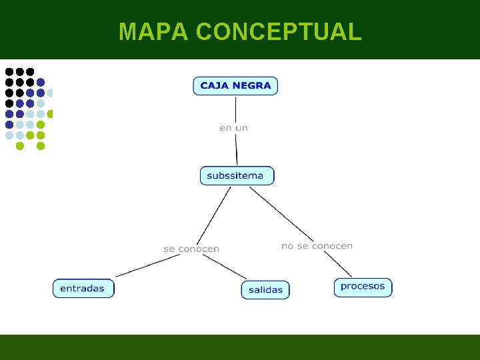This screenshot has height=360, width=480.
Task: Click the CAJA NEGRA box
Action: pyautogui.click(x=235, y=86)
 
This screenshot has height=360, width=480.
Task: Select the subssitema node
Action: pyautogui.click(x=237, y=176)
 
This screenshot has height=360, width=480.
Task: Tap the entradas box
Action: pyautogui.click(x=83, y=289)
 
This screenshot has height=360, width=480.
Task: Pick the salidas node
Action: pyautogui.click(x=265, y=290)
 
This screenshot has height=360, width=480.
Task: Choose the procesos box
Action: pyautogui.click(x=363, y=287)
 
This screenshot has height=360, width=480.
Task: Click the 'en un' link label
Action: pyautogui.click(x=233, y=128)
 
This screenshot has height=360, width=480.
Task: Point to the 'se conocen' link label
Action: pyautogui.click(x=191, y=249)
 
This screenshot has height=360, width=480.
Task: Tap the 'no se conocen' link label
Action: pyautogui.click(x=317, y=246)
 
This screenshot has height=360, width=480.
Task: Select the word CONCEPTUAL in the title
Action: pyautogui.click(x=279, y=31)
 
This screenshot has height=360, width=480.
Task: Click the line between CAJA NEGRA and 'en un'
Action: pyautogui.click(x=235, y=108)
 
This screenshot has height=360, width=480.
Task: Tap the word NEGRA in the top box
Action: pyautogui.click(x=252, y=86)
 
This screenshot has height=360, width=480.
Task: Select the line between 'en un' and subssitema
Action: pyautogui.click(x=235, y=150)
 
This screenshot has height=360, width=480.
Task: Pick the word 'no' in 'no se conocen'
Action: pyautogui.click(x=287, y=246)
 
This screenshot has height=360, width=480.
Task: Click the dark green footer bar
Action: pyautogui.click(x=240, y=347)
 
